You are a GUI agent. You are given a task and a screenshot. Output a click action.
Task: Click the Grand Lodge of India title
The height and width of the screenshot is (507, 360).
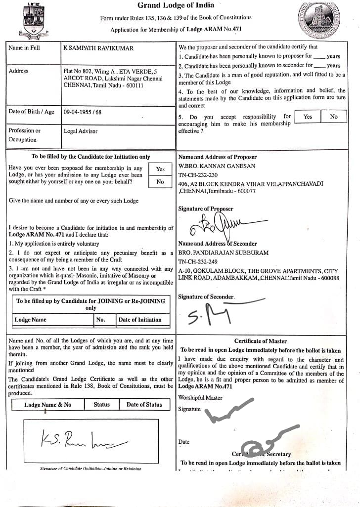click(x=176, y=5)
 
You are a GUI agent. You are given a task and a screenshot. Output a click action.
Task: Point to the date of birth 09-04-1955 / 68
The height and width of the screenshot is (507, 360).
click(x=83, y=112)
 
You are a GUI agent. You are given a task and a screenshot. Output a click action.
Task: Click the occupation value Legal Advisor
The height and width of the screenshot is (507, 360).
click(x=81, y=131)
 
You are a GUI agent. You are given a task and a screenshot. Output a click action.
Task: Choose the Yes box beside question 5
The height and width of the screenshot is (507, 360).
click(x=308, y=117)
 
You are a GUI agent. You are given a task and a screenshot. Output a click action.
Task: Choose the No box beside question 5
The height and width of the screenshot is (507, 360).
click(x=334, y=117)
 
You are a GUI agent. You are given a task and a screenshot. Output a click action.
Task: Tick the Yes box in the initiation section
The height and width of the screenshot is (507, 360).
click(x=160, y=169)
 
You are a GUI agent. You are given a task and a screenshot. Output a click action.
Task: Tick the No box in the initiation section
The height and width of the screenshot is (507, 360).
click(x=160, y=182)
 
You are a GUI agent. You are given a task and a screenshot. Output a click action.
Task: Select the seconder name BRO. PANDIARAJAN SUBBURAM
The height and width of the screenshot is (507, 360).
click(x=224, y=253)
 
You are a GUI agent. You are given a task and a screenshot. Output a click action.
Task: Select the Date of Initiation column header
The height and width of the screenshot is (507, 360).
click(x=140, y=320)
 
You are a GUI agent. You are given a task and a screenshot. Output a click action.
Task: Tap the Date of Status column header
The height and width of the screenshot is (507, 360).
click(x=144, y=404)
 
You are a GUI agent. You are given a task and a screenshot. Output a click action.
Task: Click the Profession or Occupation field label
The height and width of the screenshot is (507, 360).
click(x=25, y=135)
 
